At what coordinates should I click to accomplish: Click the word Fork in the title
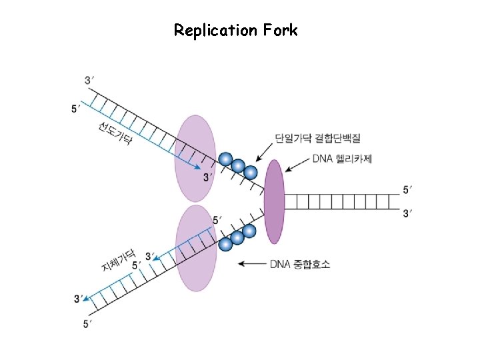coord(281,31)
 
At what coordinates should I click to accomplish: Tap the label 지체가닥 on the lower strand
coord(119,261)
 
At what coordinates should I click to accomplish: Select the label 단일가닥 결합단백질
coord(317,139)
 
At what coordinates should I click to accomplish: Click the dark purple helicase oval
coord(274,201)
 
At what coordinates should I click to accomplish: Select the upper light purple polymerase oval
coord(195,158)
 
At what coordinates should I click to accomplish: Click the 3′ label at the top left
coord(89,81)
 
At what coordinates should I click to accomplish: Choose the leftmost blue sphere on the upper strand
coord(226,159)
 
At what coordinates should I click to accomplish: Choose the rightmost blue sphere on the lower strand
coord(249,231)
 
